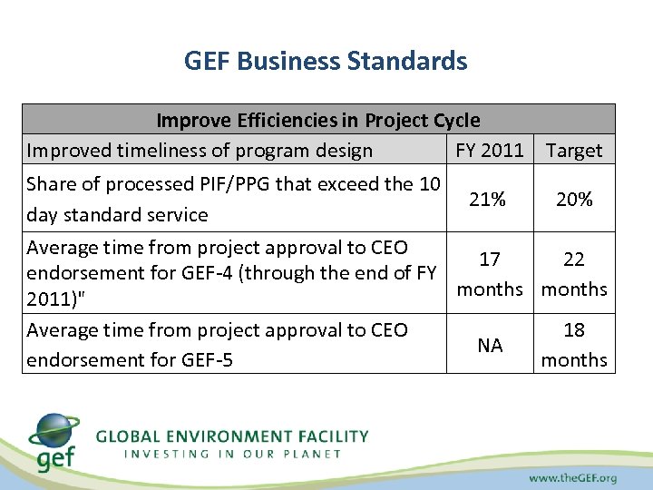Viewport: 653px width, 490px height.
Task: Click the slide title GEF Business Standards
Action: (326, 61)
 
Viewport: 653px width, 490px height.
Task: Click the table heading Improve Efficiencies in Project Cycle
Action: (318, 120)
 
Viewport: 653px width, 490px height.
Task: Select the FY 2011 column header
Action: (490, 150)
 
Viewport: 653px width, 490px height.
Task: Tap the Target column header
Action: (574, 150)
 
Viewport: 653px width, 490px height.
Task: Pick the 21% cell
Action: (488, 199)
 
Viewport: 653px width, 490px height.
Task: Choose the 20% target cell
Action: (574, 199)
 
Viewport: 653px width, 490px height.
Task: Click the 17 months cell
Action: (490, 274)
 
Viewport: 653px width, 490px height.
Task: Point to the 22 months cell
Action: (574, 274)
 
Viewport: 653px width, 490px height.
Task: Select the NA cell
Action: (490, 345)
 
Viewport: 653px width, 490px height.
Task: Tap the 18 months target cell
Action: (574, 345)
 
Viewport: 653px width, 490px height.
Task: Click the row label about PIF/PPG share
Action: (233, 199)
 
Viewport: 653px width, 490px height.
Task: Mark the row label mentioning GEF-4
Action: (233, 273)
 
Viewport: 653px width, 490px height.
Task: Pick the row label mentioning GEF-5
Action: (218, 345)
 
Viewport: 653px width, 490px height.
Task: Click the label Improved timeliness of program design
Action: (200, 150)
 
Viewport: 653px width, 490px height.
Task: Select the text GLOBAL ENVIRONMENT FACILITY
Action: (232, 436)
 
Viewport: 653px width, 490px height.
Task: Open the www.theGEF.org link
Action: (572, 477)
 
